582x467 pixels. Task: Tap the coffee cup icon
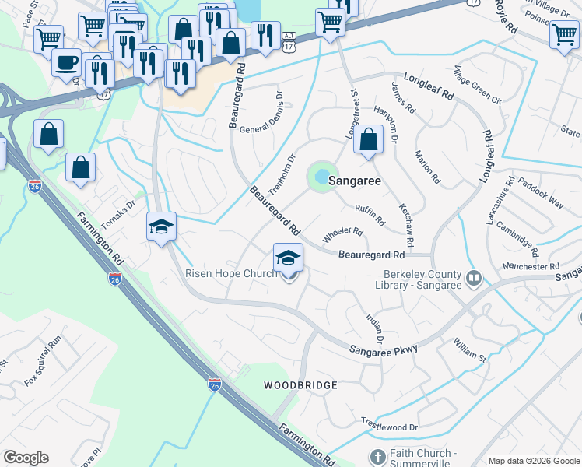coord(67,61)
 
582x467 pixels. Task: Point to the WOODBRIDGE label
coord(300,385)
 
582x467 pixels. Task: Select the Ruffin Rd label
coord(370,216)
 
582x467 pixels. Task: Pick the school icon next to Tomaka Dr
coord(162,227)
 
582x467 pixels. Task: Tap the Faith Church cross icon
coord(377,457)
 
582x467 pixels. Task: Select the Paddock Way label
coord(540,197)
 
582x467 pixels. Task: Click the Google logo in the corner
coord(26,458)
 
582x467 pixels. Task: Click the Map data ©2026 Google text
coord(533,461)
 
